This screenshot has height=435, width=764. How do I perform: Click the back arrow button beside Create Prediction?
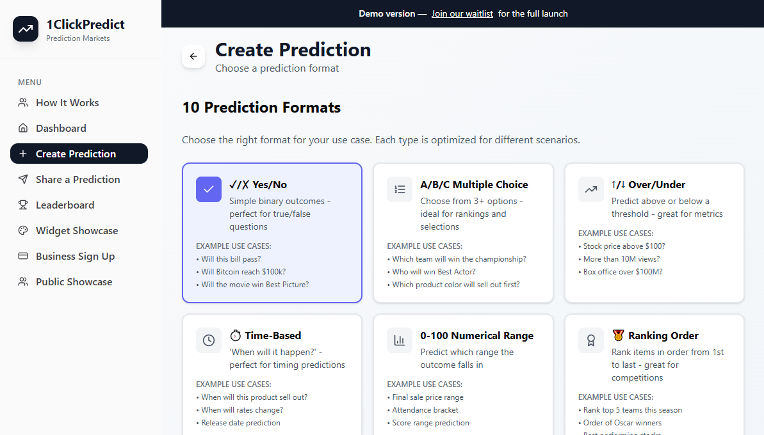tap(193, 56)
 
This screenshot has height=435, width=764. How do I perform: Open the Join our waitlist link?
tap(462, 13)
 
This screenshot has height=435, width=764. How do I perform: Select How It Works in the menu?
tap(67, 103)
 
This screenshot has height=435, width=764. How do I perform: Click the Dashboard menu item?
tap(61, 129)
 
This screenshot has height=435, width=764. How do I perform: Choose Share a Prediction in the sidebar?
tap(77, 180)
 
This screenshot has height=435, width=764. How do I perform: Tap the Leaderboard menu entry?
tap(65, 205)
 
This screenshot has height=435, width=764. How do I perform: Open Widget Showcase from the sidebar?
tap(77, 231)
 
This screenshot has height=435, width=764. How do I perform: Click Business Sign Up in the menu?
tap(75, 257)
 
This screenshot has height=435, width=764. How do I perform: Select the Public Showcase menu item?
tap(74, 282)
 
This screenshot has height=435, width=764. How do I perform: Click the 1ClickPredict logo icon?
tap(26, 29)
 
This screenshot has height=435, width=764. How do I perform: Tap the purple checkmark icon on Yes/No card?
tap(209, 189)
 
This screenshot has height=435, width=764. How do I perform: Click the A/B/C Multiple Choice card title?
tap(474, 185)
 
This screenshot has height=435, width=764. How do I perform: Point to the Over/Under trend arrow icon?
tap(591, 189)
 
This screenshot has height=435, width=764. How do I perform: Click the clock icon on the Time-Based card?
tap(209, 340)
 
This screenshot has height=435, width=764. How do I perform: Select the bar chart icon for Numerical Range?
tap(400, 340)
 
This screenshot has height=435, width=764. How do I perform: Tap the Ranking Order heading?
tap(663, 336)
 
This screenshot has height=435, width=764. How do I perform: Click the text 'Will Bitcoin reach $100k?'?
tap(243, 272)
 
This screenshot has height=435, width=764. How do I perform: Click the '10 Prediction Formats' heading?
tap(261, 107)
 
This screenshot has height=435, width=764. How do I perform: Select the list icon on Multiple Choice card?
tap(400, 189)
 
